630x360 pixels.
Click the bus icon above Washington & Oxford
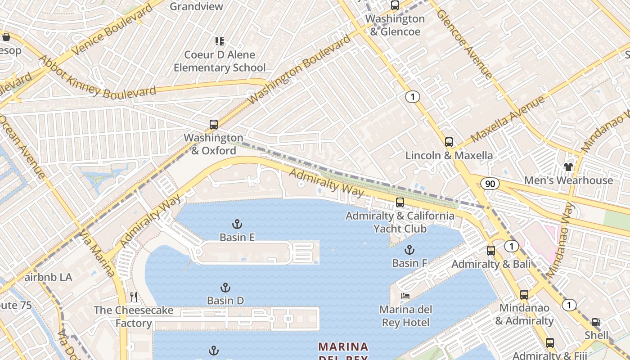(x=214, y=125)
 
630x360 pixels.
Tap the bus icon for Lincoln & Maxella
(x=449, y=142)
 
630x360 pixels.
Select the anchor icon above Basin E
(x=237, y=224)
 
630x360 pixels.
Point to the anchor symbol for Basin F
(x=409, y=250)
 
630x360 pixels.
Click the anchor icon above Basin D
(x=225, y=288)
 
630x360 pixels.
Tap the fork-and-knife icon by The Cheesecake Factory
(x=133, y=297)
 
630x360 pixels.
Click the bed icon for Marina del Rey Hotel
(x=405, y=296)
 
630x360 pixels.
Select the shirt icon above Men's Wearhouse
(x=568, y=167)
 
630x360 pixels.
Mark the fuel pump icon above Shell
(x=596, y=322)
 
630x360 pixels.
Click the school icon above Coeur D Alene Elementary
(x=220, y=41)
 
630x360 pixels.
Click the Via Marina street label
(x=97, y=254)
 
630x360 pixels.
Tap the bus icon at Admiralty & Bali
(x=491, y=251)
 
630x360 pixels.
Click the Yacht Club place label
(x=400, y=229)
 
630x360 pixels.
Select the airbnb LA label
(x=48, y=277)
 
